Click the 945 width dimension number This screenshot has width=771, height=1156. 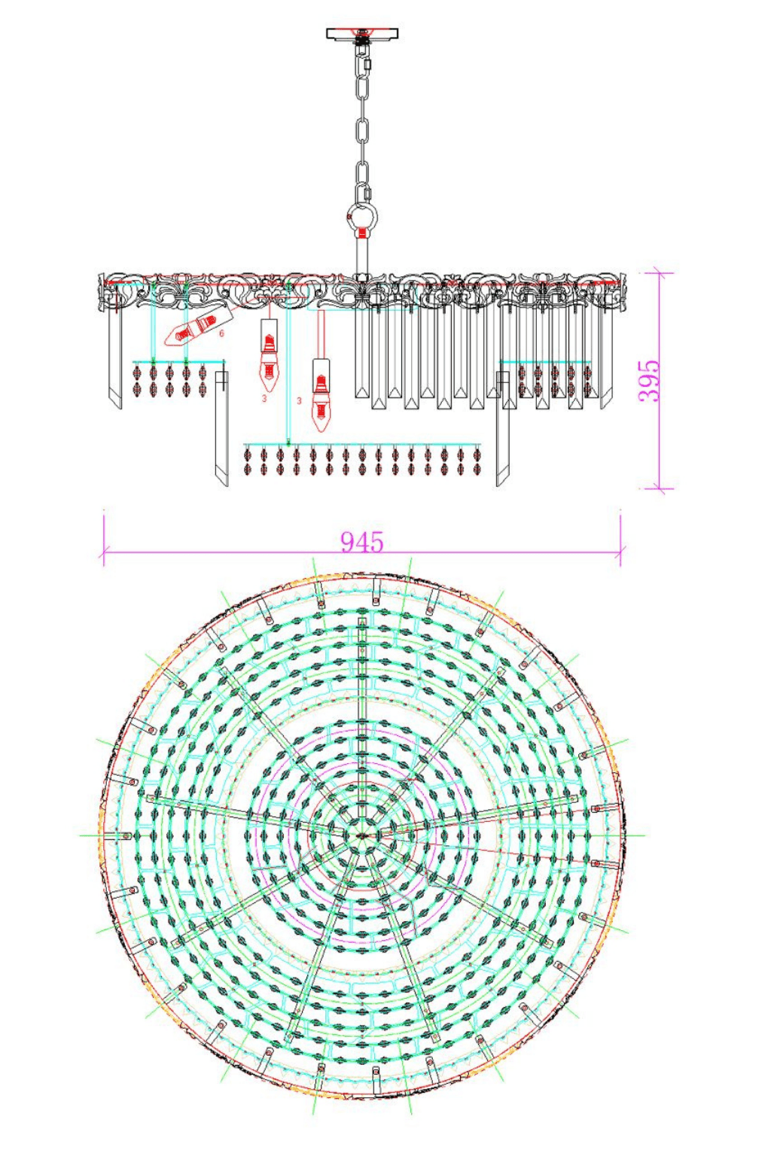click(x=361, y=541)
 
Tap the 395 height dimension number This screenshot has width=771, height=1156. click(x=649, y=381)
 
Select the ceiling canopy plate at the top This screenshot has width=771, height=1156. click(x=362, y=34)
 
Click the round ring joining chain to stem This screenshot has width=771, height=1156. click(x=362, y=218)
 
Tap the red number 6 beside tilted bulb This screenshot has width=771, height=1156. click(x=221, y=333)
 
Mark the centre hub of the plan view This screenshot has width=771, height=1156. click(x=362, y=835)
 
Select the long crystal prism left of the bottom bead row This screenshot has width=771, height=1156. click(x=221, y=429)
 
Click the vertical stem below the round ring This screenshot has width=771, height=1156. click(x=362, y=256)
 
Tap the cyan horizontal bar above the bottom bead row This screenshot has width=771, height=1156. click(x=362, y=445)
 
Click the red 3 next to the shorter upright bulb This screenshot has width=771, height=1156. click(x=264, y=398)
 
